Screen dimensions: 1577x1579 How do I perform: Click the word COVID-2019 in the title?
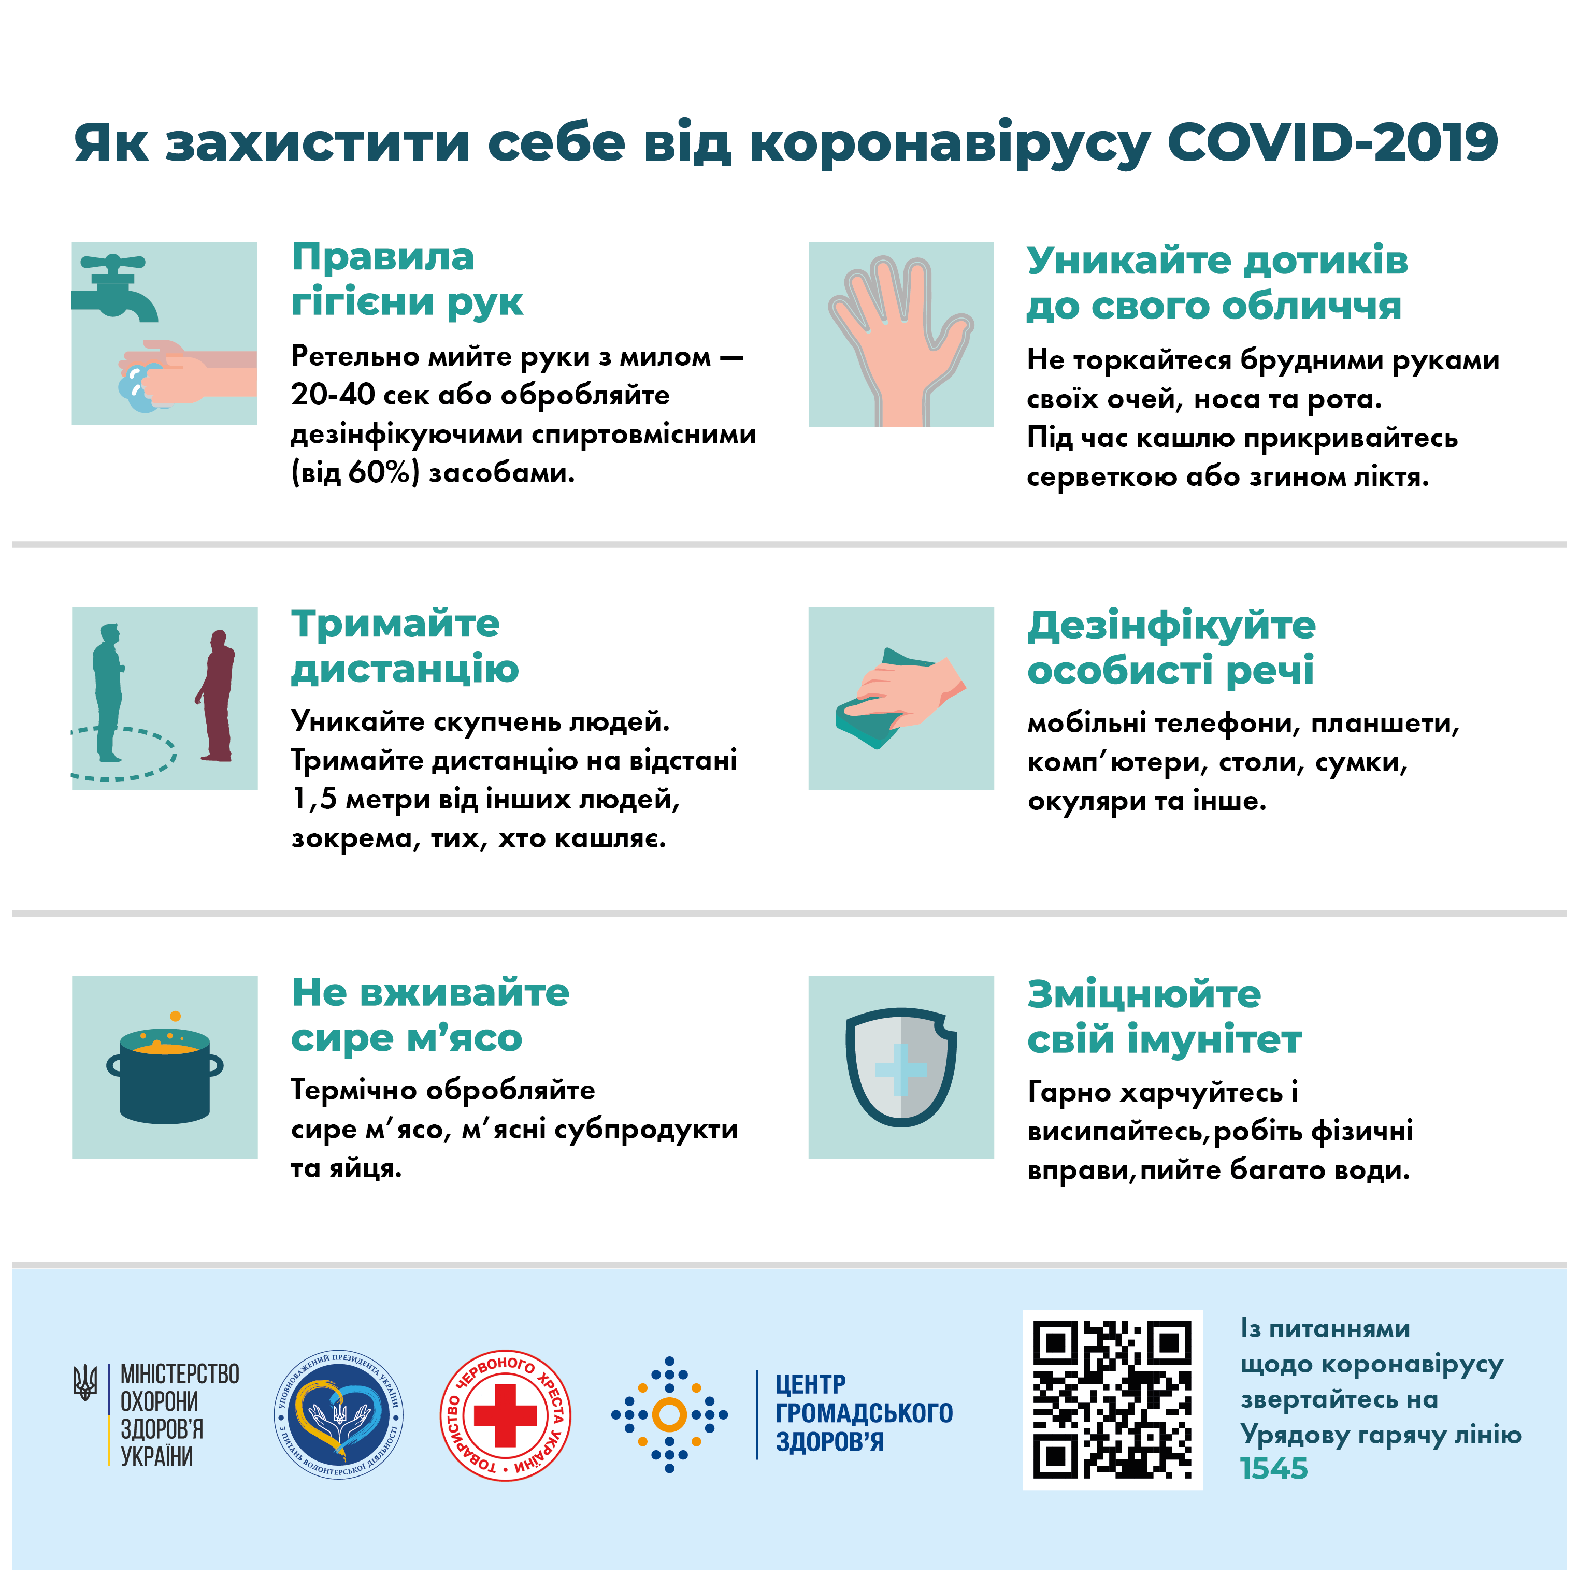pyautogui.click(x=1332, y=143)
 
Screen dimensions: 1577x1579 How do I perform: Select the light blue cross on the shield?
pyautogui.click(x=901, y=1069)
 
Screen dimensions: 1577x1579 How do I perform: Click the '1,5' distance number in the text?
pyautogui.click(x=314, y=799)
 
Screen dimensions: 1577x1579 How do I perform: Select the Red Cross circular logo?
pyautogui.click(x=505, y=1415)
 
